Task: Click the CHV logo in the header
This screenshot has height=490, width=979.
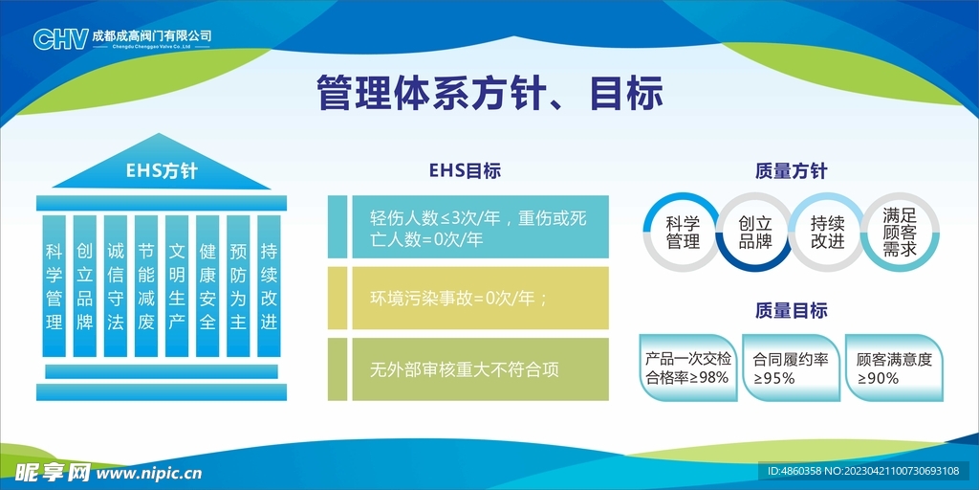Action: pos(60,38)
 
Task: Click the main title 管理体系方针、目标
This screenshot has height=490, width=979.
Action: pos(489,93)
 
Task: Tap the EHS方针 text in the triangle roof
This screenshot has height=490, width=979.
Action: pos(162,171)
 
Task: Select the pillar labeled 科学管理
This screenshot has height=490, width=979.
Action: pos(54,286)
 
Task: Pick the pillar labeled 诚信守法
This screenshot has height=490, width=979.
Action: pos(115,286)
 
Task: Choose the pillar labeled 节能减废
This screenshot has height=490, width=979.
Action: pos(146,286)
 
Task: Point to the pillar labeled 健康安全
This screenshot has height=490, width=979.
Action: pos(207,286)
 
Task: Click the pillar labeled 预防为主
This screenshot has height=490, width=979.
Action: pos(238,286)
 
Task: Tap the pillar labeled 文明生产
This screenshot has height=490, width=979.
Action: pos(177,286)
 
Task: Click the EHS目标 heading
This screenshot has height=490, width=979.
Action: pos(465,171)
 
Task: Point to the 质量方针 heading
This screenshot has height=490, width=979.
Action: pos(791,171)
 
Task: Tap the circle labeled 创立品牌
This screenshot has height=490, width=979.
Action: pos(755,232)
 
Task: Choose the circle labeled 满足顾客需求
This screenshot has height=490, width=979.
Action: pos(900,232)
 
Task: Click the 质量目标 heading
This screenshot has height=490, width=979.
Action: pos(791,310)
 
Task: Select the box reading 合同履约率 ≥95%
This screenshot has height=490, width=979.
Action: pos(791,368)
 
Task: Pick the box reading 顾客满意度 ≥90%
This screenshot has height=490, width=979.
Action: pos(894,368)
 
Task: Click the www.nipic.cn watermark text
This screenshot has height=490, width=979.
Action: pos(149,473)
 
